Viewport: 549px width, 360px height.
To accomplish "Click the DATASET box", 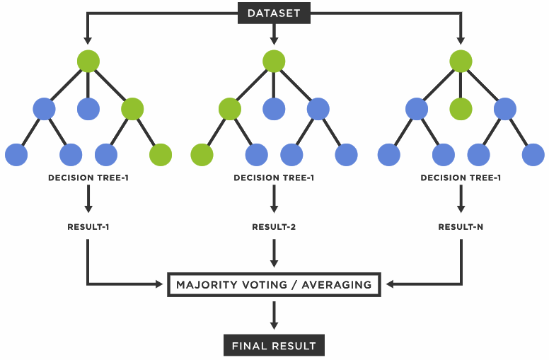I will pyautogui.click(x=274, y=13).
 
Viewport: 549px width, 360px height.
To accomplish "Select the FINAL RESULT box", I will pyautogui.click(x=274, y=346).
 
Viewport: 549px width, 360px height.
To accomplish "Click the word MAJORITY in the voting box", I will pyautogui.click(x=205, y=285).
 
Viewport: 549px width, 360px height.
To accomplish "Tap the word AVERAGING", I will pyautogui.click(x=336, y=285).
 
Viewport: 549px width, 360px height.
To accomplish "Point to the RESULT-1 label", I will pyautogui.click(x=88, y=227).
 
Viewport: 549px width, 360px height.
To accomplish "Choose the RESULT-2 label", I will pyautogui.click(x=274, y=227).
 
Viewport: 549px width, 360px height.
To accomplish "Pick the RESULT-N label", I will pyautogui.click(x=461, y=227).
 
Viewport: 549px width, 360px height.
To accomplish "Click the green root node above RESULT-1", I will pyautogui.click(x=88, y=61).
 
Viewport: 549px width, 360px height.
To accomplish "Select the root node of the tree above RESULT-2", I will pyautogui.click(x=274, y=61).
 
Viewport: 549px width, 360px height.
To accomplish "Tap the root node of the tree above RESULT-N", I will pyautogui.click(x=461, y=61).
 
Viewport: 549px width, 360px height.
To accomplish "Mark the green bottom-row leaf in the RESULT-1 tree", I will pyautogui.click(x=161, y=154).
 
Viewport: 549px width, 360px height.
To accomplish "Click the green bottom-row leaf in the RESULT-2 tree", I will pyautogui.click(x=202, y=154).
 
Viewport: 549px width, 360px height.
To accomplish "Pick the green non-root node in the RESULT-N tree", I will pyautogui.click(x=461, y=108).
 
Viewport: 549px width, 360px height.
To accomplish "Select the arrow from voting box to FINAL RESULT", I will pyautogui.click(x=274, y=315).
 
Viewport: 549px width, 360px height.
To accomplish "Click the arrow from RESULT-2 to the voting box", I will pyautogui.click(x=274, y=253).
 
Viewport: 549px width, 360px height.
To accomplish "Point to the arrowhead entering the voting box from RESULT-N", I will pyautogui.click(x=389, y=285).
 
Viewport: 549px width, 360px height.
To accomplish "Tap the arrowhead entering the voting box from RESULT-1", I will pyautogui.click(x=160, y=285).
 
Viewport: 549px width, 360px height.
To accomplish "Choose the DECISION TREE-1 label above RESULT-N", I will pyautogui.click(x=461, y=178).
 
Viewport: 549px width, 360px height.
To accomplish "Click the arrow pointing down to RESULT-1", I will pyautogui.click(x=88, y=200).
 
